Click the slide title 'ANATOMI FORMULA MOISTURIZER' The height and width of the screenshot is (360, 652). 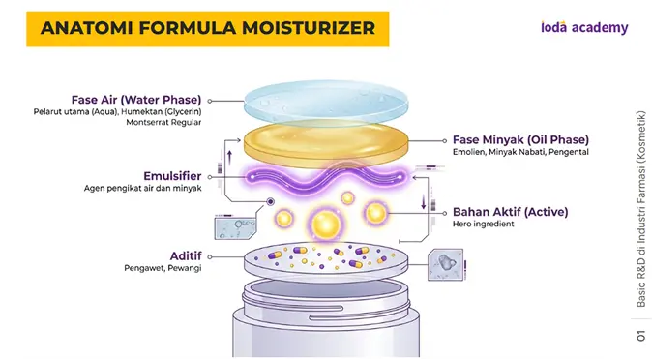coord(207,28)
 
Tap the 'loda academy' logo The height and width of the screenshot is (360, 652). coord(584,27)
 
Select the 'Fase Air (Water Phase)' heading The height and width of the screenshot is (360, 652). coord(136,100)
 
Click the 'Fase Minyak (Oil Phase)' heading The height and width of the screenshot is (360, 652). coord(520,139)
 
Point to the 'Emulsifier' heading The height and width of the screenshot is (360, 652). coord(172,176)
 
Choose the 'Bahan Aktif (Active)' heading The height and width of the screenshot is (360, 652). coord(510,212)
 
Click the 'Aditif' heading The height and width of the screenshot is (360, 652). coord(186,255)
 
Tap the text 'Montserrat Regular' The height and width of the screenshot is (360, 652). coord(163,122)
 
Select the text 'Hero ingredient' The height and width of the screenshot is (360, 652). coord(483,224)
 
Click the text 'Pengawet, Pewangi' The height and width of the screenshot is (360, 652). coord(163,268)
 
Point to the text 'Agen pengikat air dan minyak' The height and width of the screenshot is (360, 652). coord(142,188)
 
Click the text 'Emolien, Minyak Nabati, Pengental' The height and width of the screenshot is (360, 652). coord(520,152)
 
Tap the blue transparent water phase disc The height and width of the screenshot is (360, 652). coord(326,103)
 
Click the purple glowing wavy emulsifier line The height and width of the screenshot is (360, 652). coord(326,178)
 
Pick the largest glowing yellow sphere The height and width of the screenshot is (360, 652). coord(326,225)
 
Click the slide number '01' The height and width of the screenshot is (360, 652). coord(640,336)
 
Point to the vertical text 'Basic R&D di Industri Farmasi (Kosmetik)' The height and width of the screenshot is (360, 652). coord(640,209)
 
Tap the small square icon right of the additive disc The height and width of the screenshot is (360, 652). coord(445,265)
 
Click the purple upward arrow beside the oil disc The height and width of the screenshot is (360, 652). coord(229,158)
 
